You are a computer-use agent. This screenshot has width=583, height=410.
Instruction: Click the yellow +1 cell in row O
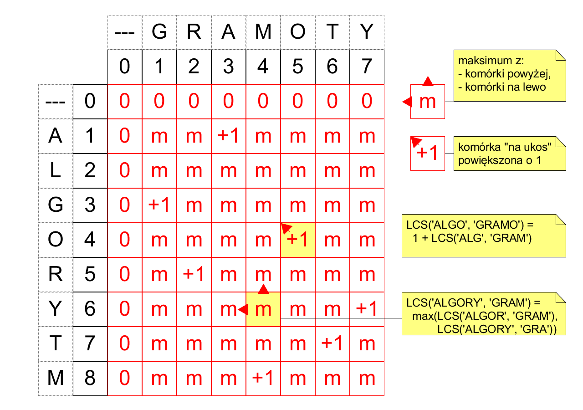point(298,240)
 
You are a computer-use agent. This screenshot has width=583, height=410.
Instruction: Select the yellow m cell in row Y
point(263,309)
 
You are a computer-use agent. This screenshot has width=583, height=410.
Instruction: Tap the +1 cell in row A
point(229,136)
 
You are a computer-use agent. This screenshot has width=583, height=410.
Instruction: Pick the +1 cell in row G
point(159,205)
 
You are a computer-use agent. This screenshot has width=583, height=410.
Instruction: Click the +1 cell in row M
point(263,379)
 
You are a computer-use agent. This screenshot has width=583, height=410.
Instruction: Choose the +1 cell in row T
point(332,344)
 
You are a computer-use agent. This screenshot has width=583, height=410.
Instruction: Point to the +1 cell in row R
point(194,275)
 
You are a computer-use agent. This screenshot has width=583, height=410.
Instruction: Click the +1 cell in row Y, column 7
point(367,309)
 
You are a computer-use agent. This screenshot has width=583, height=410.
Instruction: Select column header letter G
point(159,32)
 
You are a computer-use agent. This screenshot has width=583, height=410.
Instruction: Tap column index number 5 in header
point(298,67)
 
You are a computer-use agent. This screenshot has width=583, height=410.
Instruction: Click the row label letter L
point(56,170)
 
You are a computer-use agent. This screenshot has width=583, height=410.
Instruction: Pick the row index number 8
point(90,378)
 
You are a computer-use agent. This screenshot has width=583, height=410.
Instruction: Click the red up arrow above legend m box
point(428,81)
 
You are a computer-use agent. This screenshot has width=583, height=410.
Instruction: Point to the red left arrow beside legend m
point(407,102)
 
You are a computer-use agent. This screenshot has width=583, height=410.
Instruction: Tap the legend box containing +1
point(428,154)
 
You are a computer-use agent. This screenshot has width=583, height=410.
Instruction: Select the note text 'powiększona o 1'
point(500,160)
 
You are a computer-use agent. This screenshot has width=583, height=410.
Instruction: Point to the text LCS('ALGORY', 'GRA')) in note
point(496,329)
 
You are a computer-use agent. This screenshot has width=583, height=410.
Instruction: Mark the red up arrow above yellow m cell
point(263,289)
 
